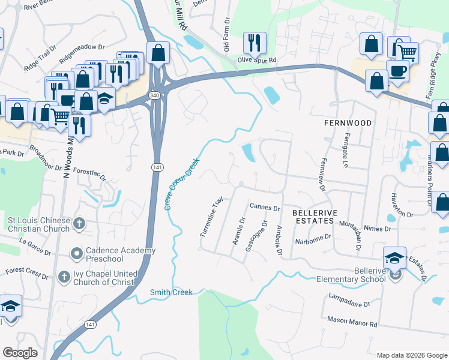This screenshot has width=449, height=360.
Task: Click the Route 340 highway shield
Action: point(154,95)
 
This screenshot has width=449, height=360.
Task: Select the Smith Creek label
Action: point(171,292)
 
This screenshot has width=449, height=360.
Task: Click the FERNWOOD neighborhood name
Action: point(347,122)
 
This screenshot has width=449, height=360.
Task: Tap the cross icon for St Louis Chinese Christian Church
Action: point(79,224)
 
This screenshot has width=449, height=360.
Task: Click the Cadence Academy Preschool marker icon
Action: point(76,254)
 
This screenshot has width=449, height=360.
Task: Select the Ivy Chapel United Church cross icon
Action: point(64,277)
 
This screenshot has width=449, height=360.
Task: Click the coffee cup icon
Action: point(398,70)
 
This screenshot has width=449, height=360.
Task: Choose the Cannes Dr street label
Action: point(265,208)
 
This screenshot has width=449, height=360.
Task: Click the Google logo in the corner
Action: point(20,353)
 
